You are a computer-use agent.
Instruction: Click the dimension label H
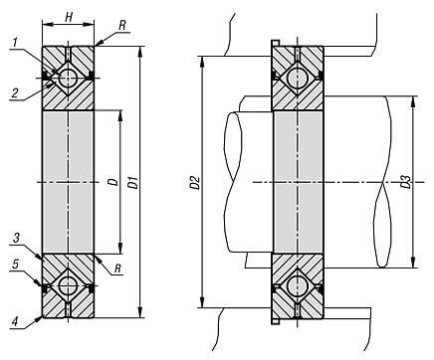click(69, 17)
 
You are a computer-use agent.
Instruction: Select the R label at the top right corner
click(122, 26)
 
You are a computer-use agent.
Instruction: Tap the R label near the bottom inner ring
click(117, 269)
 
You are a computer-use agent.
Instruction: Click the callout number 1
click(15, 43)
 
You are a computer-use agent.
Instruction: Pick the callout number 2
click(15, 92)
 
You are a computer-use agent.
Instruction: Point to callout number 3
click(16, 238)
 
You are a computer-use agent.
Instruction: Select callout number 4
click(14, 321)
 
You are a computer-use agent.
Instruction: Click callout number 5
click(16, 265)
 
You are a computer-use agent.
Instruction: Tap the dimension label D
click(113, 182)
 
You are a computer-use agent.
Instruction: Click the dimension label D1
click(133, 183)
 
